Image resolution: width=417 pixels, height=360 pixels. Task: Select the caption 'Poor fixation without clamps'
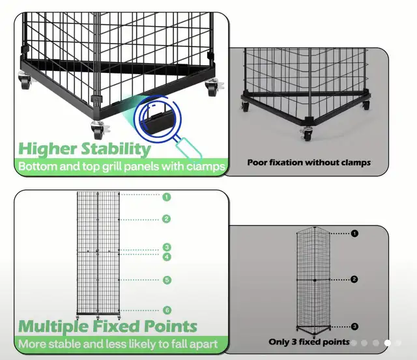(309, 162)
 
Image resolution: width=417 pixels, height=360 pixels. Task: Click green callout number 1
(167, 197)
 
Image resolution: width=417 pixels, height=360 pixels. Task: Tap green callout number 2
(167, 219)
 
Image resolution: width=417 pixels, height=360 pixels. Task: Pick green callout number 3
(167, 247)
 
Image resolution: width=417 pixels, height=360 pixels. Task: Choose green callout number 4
(167, 256)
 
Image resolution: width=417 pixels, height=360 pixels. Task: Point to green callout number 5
(167, 280)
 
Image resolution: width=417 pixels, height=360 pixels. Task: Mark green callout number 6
(167, 311)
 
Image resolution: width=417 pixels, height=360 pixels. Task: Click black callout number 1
(354, 233)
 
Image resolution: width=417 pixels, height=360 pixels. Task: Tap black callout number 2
(354, 279)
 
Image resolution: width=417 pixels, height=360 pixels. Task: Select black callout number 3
(354, 326)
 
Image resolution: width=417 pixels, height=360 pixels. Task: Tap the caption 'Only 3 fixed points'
(309, 342)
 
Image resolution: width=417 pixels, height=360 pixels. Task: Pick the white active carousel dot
(388, 342)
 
